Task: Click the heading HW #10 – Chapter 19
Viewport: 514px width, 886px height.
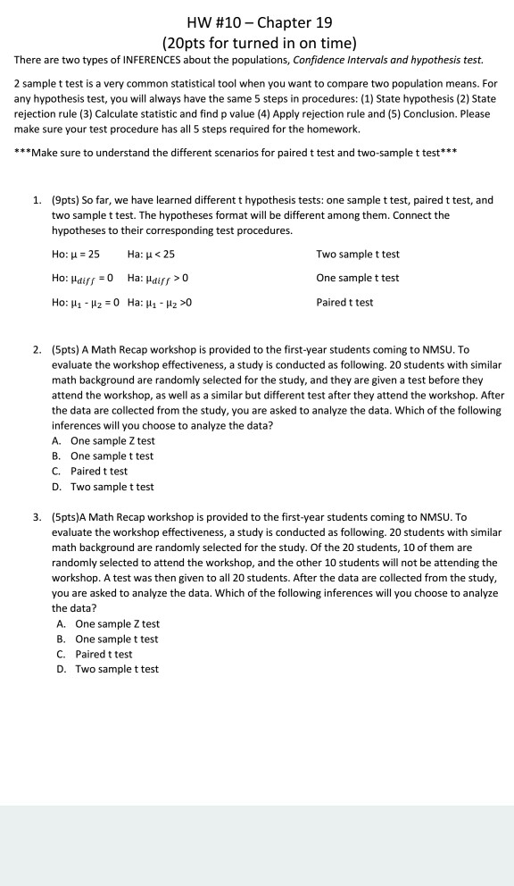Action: tap(257, 21)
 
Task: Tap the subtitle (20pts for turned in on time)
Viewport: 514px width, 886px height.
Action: tap(257, 42)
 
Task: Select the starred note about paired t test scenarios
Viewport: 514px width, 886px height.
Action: tap(237, 153)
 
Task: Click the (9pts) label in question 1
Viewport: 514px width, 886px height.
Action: tap(67, 201)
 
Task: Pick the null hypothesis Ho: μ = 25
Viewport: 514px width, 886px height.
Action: tap(76, 255)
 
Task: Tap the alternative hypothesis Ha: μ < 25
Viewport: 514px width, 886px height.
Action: tap(152, 255)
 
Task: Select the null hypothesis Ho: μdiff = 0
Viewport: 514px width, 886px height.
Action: tap(83, 279)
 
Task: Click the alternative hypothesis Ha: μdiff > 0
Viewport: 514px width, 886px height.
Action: tap(160, 279)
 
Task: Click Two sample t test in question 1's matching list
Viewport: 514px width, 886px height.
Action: tap(358, 255)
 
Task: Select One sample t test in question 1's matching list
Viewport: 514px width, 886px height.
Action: tap(358, 278)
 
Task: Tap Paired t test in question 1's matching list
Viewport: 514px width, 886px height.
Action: tap(345, 302)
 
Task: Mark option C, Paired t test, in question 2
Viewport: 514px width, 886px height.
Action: tap(99, 471)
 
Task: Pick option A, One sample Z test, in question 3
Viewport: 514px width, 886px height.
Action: tap(117, 623)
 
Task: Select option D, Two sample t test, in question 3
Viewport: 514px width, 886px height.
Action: tap(117, 669)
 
